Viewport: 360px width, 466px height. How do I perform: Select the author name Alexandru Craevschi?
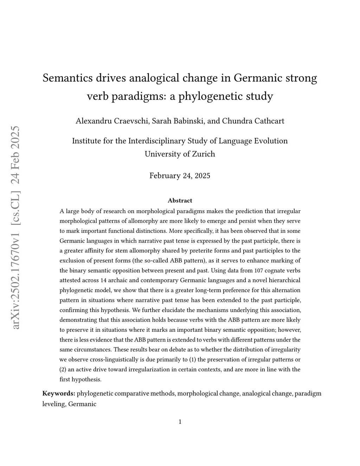tap(112, 121)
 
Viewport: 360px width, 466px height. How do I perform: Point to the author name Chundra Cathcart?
tap(253, 121)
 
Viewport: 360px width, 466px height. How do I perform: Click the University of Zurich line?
tap(180, 154)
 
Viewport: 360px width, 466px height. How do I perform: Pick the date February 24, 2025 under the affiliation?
tap(180, 175)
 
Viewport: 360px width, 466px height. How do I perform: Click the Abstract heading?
tap(180, 201)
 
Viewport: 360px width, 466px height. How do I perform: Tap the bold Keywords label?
tap(58, 393)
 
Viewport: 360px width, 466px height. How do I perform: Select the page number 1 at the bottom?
tap(180, 422)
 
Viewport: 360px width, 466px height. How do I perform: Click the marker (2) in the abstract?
tap(63, 369)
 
